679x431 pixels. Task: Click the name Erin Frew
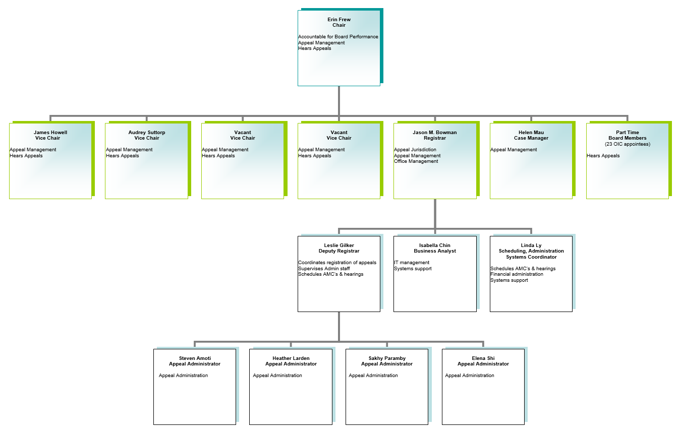[339, 19]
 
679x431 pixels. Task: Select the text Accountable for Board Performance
[338, 37]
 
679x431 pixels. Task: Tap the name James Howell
[50, 133]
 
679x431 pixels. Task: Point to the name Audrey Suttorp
[147, 133]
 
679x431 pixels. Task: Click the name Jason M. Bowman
[435, 133]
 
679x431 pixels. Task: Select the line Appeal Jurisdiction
[415, 150]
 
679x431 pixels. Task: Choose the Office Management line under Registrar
[416, 161]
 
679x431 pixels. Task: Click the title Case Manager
[531, 138]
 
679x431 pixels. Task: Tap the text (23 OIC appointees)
[628, 144]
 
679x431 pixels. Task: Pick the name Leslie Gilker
[339, 245]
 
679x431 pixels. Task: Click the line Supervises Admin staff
[324, 268]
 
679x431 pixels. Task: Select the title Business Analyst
[435, 251]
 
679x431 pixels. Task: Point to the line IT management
[411, 263]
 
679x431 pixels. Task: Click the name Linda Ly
[531, 245]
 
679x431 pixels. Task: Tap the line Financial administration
[517, 274]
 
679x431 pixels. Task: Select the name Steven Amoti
[195, 358]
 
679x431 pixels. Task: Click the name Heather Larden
[291, 358]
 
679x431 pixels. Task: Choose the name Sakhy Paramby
[387, 358]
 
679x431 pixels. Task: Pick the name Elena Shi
[483, 358]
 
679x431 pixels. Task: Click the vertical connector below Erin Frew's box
[339, 101]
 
